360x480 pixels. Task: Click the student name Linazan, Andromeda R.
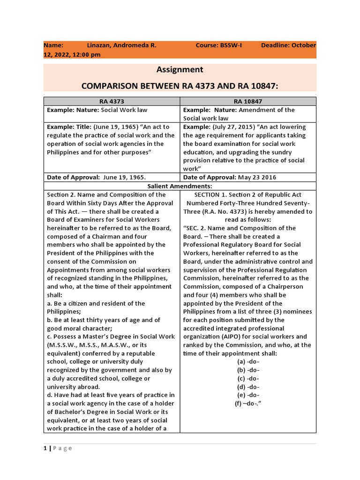121,45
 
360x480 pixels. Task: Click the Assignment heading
180,69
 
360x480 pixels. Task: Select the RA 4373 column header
112,101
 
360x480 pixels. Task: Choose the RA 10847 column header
248,101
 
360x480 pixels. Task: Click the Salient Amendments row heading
180,186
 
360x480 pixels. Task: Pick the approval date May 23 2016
256,178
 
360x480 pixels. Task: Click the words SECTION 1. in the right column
210,195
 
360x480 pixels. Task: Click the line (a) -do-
248,362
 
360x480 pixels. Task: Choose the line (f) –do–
248,404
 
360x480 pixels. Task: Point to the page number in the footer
45,449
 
